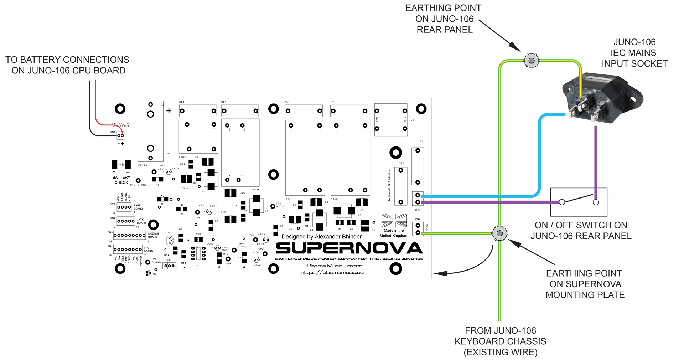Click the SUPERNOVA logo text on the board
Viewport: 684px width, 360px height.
349,248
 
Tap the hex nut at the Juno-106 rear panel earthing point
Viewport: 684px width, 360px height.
532,61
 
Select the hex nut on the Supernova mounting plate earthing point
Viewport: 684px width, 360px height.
499,233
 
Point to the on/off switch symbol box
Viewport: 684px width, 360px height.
579,202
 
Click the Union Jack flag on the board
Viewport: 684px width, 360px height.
394,220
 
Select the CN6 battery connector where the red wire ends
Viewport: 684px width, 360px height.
120,135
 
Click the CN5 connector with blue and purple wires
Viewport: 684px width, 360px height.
418,199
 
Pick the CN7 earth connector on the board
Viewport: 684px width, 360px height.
418,229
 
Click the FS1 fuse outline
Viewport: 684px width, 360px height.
401,186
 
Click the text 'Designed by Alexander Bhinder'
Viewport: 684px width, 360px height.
321,237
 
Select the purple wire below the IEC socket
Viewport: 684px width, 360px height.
596,157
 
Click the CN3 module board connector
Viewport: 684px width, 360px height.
129,235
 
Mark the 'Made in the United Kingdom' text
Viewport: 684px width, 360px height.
394,233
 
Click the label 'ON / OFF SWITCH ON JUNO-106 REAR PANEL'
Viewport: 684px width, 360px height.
581,231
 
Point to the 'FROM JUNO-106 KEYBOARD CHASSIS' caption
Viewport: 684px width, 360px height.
500,341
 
